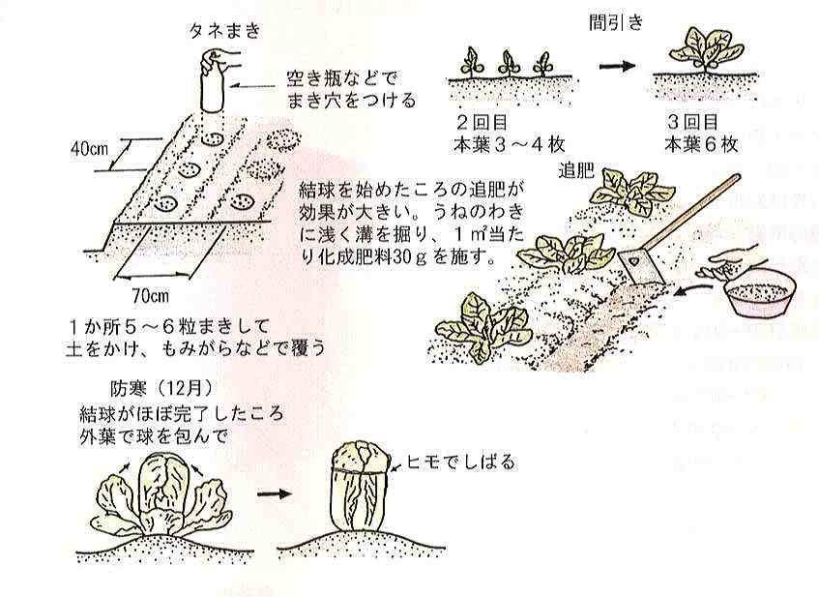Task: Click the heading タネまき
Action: pos(224,31)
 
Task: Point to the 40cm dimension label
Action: pos(89,150)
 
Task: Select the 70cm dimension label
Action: pos(151,296)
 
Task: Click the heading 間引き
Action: pos(616,22)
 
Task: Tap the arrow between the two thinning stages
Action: pos(617,66)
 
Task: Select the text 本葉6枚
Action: pos(701,144)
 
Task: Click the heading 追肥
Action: pos(575,170)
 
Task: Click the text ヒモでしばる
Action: pos(460,463)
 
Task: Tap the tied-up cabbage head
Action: pos(362,486)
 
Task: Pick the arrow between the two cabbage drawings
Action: pos(274,493)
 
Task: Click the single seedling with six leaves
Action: pos(706,50)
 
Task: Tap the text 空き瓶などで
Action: pos(342,78)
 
